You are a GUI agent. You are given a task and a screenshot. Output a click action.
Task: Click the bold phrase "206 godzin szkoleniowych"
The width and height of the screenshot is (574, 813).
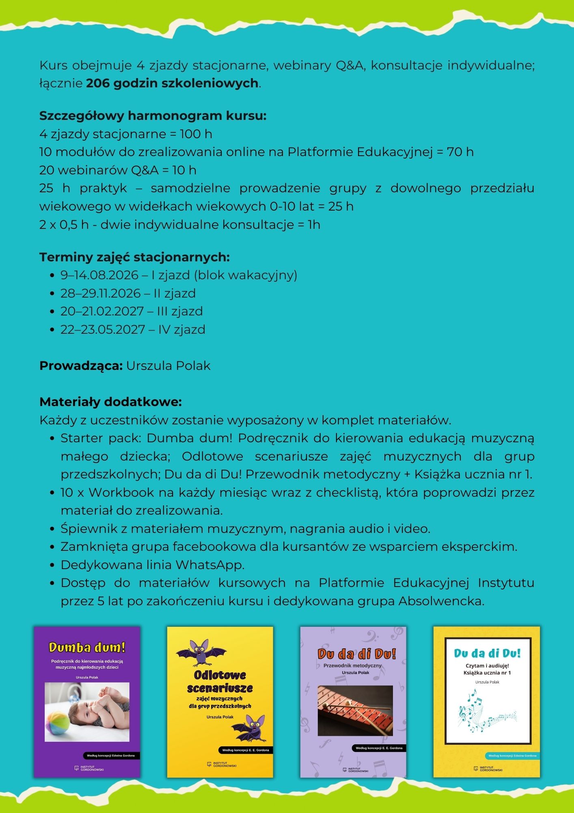point(172,83)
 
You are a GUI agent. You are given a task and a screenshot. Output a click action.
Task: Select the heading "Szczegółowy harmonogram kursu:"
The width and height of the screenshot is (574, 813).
point(153,116)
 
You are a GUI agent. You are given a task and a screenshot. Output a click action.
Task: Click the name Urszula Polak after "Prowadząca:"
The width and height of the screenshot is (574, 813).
point(168,366)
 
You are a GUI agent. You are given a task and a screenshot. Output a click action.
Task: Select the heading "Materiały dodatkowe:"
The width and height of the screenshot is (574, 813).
point(110,402)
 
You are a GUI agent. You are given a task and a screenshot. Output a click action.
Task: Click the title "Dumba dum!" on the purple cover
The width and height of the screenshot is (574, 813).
point(87,647)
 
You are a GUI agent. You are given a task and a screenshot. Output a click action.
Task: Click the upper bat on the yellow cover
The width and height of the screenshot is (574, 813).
point(201,653)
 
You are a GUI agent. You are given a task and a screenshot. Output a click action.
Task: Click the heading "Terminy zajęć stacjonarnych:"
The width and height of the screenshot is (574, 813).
point(134,257)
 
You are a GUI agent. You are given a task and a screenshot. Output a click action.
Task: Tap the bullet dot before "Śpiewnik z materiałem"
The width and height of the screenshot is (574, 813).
point(52,529)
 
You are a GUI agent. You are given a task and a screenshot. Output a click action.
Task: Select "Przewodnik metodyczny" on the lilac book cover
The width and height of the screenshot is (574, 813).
point(352,665)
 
